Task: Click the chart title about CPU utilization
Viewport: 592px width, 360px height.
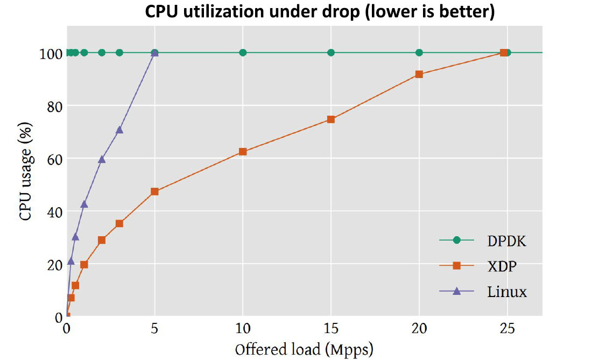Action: (320, 12)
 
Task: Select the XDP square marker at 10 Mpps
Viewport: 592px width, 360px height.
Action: (243, 152)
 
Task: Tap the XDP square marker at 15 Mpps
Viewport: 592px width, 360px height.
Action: (331, 119)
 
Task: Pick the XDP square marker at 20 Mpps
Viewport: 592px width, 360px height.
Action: (419, 74)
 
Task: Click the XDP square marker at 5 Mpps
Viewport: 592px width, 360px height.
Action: (154, 192)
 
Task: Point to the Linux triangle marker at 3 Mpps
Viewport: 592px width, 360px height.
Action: (119, 130)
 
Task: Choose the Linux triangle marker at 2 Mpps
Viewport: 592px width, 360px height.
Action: (102, 159)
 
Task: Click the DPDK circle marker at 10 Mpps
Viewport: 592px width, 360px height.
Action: (243, 53)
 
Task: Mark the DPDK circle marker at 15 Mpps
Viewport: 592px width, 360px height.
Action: (331, 53)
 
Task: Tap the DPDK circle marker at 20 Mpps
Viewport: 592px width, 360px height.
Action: (419, 53)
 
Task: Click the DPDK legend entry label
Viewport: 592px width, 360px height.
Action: (506, 241)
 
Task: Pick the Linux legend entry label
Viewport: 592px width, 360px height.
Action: (507, 292)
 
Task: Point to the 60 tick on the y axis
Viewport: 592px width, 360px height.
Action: (53, 159)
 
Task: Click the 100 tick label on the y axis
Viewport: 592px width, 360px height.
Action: (50, 53)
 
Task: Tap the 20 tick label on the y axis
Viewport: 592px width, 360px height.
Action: (53, 264)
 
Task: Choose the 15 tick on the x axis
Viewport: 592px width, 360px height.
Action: (331, 328)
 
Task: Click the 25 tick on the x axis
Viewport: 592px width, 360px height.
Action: (507, 328)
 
